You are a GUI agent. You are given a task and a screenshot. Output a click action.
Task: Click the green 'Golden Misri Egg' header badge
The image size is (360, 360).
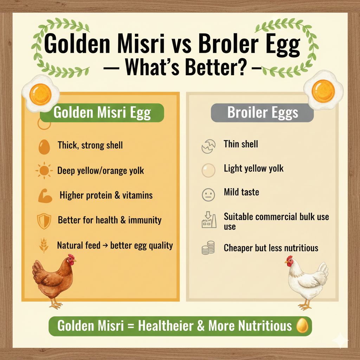102,112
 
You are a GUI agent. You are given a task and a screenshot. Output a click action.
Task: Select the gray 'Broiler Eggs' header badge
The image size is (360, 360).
262,112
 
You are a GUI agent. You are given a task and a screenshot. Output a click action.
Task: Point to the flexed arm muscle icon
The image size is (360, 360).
45,196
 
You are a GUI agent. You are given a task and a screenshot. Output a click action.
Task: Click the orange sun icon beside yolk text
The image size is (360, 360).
44,171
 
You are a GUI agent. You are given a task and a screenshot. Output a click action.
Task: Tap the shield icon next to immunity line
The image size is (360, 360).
44,221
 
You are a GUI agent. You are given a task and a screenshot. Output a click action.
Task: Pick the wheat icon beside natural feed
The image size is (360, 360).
44,245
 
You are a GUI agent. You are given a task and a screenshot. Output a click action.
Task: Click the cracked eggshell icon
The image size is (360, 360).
208,146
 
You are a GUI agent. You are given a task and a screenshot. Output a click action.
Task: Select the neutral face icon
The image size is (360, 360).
208,195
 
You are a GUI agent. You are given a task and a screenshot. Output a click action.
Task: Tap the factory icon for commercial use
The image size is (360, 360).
209,219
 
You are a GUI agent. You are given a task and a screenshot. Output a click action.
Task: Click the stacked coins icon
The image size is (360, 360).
208,248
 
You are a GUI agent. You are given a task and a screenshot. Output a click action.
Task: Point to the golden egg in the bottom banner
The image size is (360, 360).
302,326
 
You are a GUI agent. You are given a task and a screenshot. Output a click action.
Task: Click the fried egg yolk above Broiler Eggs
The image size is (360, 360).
323,91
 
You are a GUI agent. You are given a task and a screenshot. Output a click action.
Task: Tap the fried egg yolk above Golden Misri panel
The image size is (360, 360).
40,94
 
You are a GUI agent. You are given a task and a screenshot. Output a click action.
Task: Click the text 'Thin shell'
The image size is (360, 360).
241,144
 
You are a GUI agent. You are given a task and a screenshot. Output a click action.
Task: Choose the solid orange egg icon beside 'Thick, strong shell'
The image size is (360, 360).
44,147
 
